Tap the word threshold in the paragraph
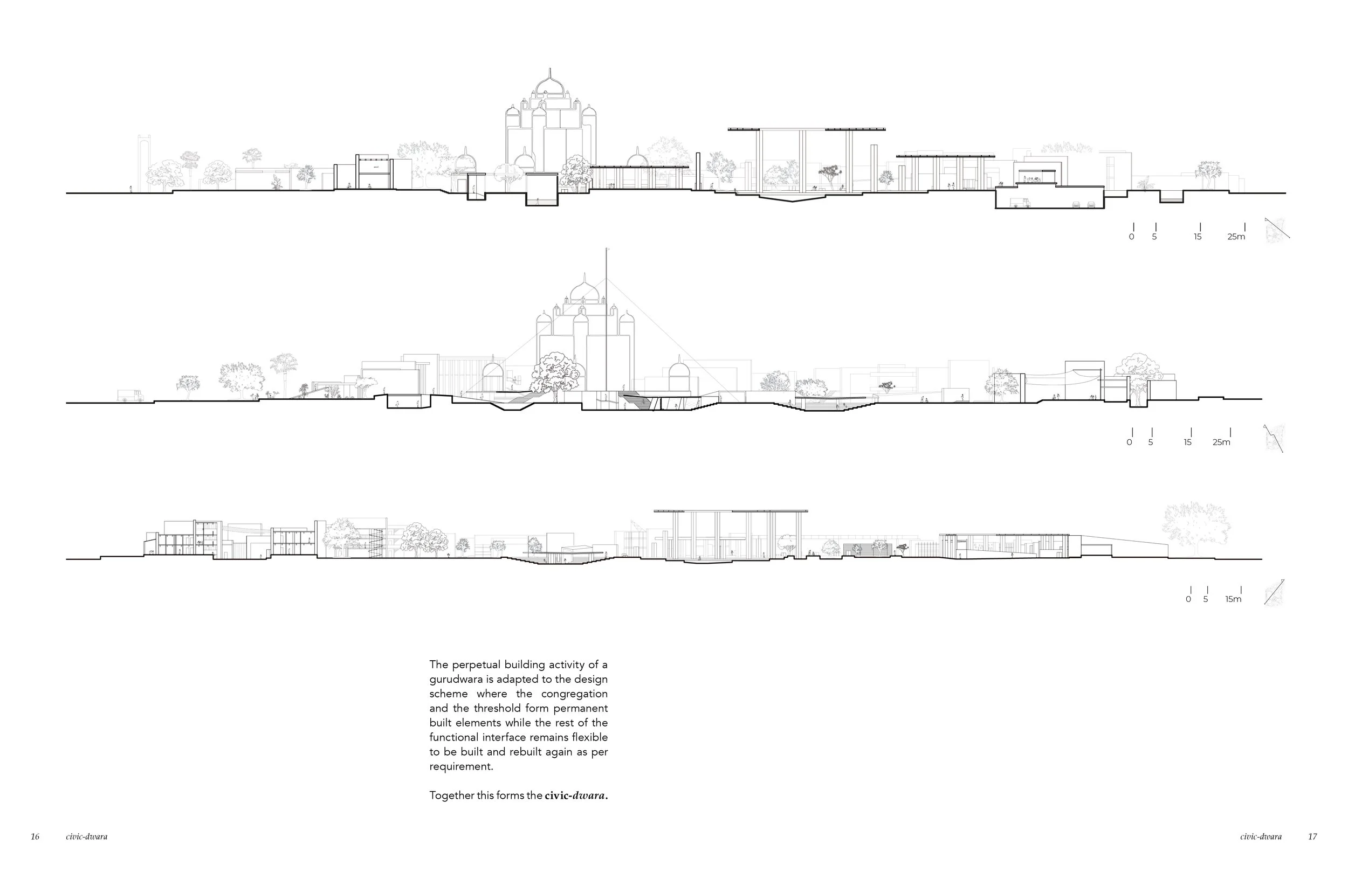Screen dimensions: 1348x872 518,708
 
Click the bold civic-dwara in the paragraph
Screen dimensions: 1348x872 576,795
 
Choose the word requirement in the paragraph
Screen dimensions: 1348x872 460,767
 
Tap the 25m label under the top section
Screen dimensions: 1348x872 1236,237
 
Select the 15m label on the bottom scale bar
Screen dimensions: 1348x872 1233,599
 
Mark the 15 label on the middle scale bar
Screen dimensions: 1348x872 1188,442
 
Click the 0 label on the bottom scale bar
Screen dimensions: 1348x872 1188,599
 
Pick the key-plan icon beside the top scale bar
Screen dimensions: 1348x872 1277,230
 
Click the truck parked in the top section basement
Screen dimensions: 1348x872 1021,203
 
